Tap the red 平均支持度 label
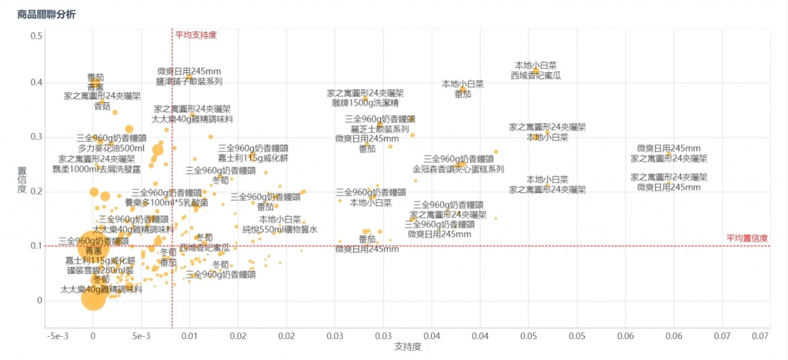click(x=195, y=35)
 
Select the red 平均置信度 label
click(x=746, y=238)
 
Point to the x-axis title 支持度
click(x=407, y=348)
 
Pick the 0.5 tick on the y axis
click(x=36, y=36)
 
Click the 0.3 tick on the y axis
click(x=36, y=137)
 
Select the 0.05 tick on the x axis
click(x=528, y=336)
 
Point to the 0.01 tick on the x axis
click(x=189, y=336)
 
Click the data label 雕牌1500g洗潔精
click(x=365, y=102)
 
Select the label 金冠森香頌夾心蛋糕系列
click(x=458, y=168)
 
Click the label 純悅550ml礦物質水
click(x=279, y=229)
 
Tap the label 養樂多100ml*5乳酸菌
click(x=166, y=203)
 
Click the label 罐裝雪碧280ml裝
click(x=99, y=270)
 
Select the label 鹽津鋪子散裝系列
click(x=189, y=81)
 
